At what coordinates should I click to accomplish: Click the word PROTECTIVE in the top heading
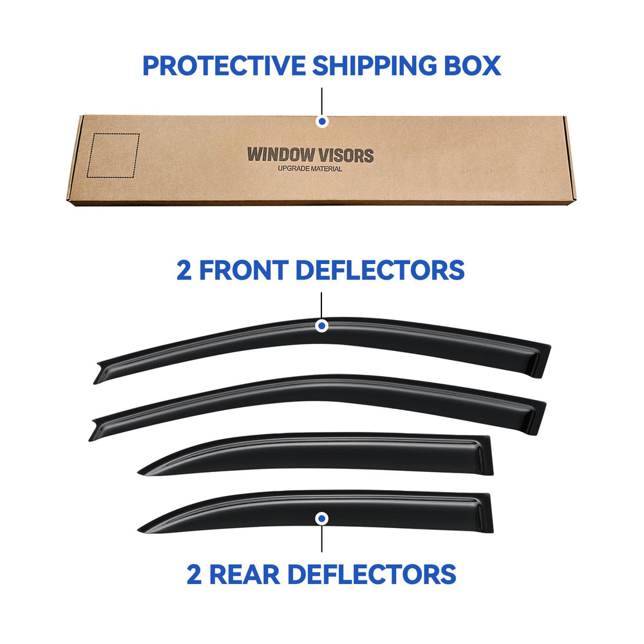224,66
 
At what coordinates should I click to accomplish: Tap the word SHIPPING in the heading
374,66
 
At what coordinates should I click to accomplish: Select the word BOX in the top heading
472,66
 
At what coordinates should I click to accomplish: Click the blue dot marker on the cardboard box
322,122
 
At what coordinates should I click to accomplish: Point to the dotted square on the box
113,155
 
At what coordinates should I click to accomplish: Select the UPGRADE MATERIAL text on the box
310,169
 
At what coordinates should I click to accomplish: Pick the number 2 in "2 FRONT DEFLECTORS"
184,270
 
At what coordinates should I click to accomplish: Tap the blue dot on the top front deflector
321,326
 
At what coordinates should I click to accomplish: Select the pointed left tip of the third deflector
140,473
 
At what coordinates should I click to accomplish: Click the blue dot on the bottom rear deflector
321,518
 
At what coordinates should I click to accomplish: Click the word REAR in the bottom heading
245,574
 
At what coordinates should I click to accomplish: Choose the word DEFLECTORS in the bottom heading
372,574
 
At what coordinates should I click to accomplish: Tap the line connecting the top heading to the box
321,102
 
